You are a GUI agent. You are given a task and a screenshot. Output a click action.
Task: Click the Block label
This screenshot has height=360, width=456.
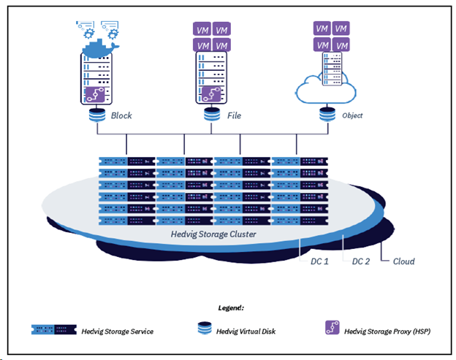pos(121,115)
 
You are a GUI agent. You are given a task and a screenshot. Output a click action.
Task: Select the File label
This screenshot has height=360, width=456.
pos(233,115)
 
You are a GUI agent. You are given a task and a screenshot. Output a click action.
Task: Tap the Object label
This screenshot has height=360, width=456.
pos(351,115)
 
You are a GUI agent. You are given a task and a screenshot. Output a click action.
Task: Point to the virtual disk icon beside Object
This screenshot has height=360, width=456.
pos(329,115)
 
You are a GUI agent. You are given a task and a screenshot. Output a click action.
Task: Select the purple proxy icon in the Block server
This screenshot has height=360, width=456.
pos(96,94)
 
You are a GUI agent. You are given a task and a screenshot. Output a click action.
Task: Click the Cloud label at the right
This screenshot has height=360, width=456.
pos(403,261)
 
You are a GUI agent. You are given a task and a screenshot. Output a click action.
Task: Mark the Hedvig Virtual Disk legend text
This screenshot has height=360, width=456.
pos(246,331)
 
